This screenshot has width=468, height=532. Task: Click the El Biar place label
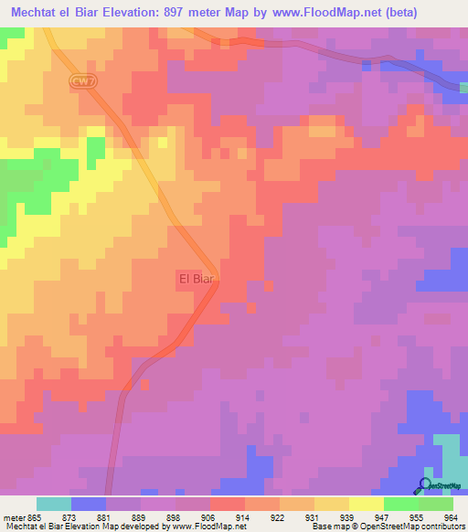point(195,279)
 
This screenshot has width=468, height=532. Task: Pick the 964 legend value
point(450,517)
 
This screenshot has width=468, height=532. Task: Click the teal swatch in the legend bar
point(54,504)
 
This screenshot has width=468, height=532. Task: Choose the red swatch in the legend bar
point(228,504)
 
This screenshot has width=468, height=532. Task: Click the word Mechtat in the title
point(35,12)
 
